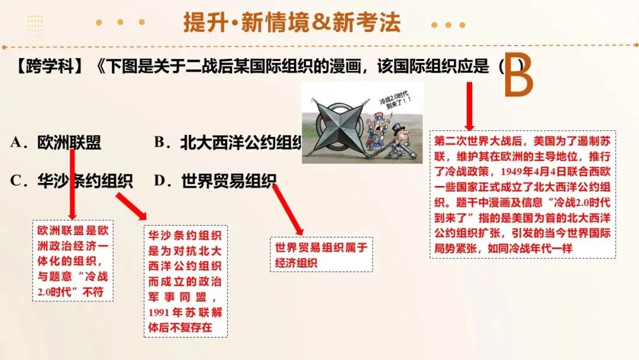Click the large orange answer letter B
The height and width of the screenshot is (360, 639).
(518, 77)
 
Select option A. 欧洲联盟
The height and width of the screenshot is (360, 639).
(56, 143)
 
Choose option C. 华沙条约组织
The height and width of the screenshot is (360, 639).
(71, 181)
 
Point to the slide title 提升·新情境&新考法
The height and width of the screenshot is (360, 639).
(292, 22)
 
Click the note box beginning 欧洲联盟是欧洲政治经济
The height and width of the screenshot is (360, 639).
(73, 261)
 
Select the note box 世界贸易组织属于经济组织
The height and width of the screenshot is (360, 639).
(321, 255)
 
